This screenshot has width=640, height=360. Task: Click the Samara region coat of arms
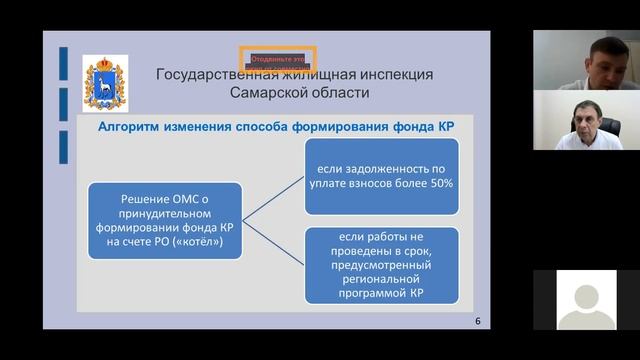[103, 80]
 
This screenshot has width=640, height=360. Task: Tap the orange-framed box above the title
[277, 60]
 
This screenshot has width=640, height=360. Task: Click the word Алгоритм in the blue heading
[131, 127]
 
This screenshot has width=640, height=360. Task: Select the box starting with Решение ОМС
[165, 221]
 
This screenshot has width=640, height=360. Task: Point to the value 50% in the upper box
[437, 185]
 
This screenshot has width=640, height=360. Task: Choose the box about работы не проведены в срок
[383, 265]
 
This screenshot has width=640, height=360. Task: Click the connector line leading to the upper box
[275, 196]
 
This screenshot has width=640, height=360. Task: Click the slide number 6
[476, 321]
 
